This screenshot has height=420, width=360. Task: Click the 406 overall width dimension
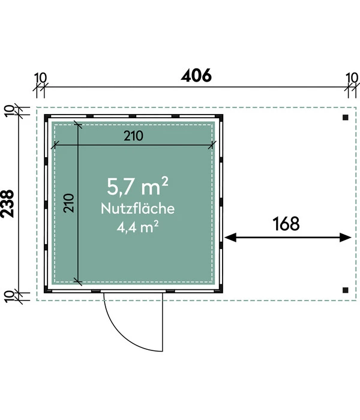[x=196, y=76]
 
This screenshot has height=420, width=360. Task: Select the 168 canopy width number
[x=286, y=224]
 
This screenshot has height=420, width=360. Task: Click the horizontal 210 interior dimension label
[x=133, y=136]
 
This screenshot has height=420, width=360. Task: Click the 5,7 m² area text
[x=137, y=187]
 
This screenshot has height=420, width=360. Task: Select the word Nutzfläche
[x=137, y=209]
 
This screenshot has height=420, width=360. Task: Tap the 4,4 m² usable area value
[x=137, y=227]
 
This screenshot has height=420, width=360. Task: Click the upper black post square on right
[x=345, y=118]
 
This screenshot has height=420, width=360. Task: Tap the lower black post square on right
[x=345, y=290]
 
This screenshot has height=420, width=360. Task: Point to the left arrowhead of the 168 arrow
[x=229, y=238]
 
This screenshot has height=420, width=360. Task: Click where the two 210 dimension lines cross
[x=77, y=145]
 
